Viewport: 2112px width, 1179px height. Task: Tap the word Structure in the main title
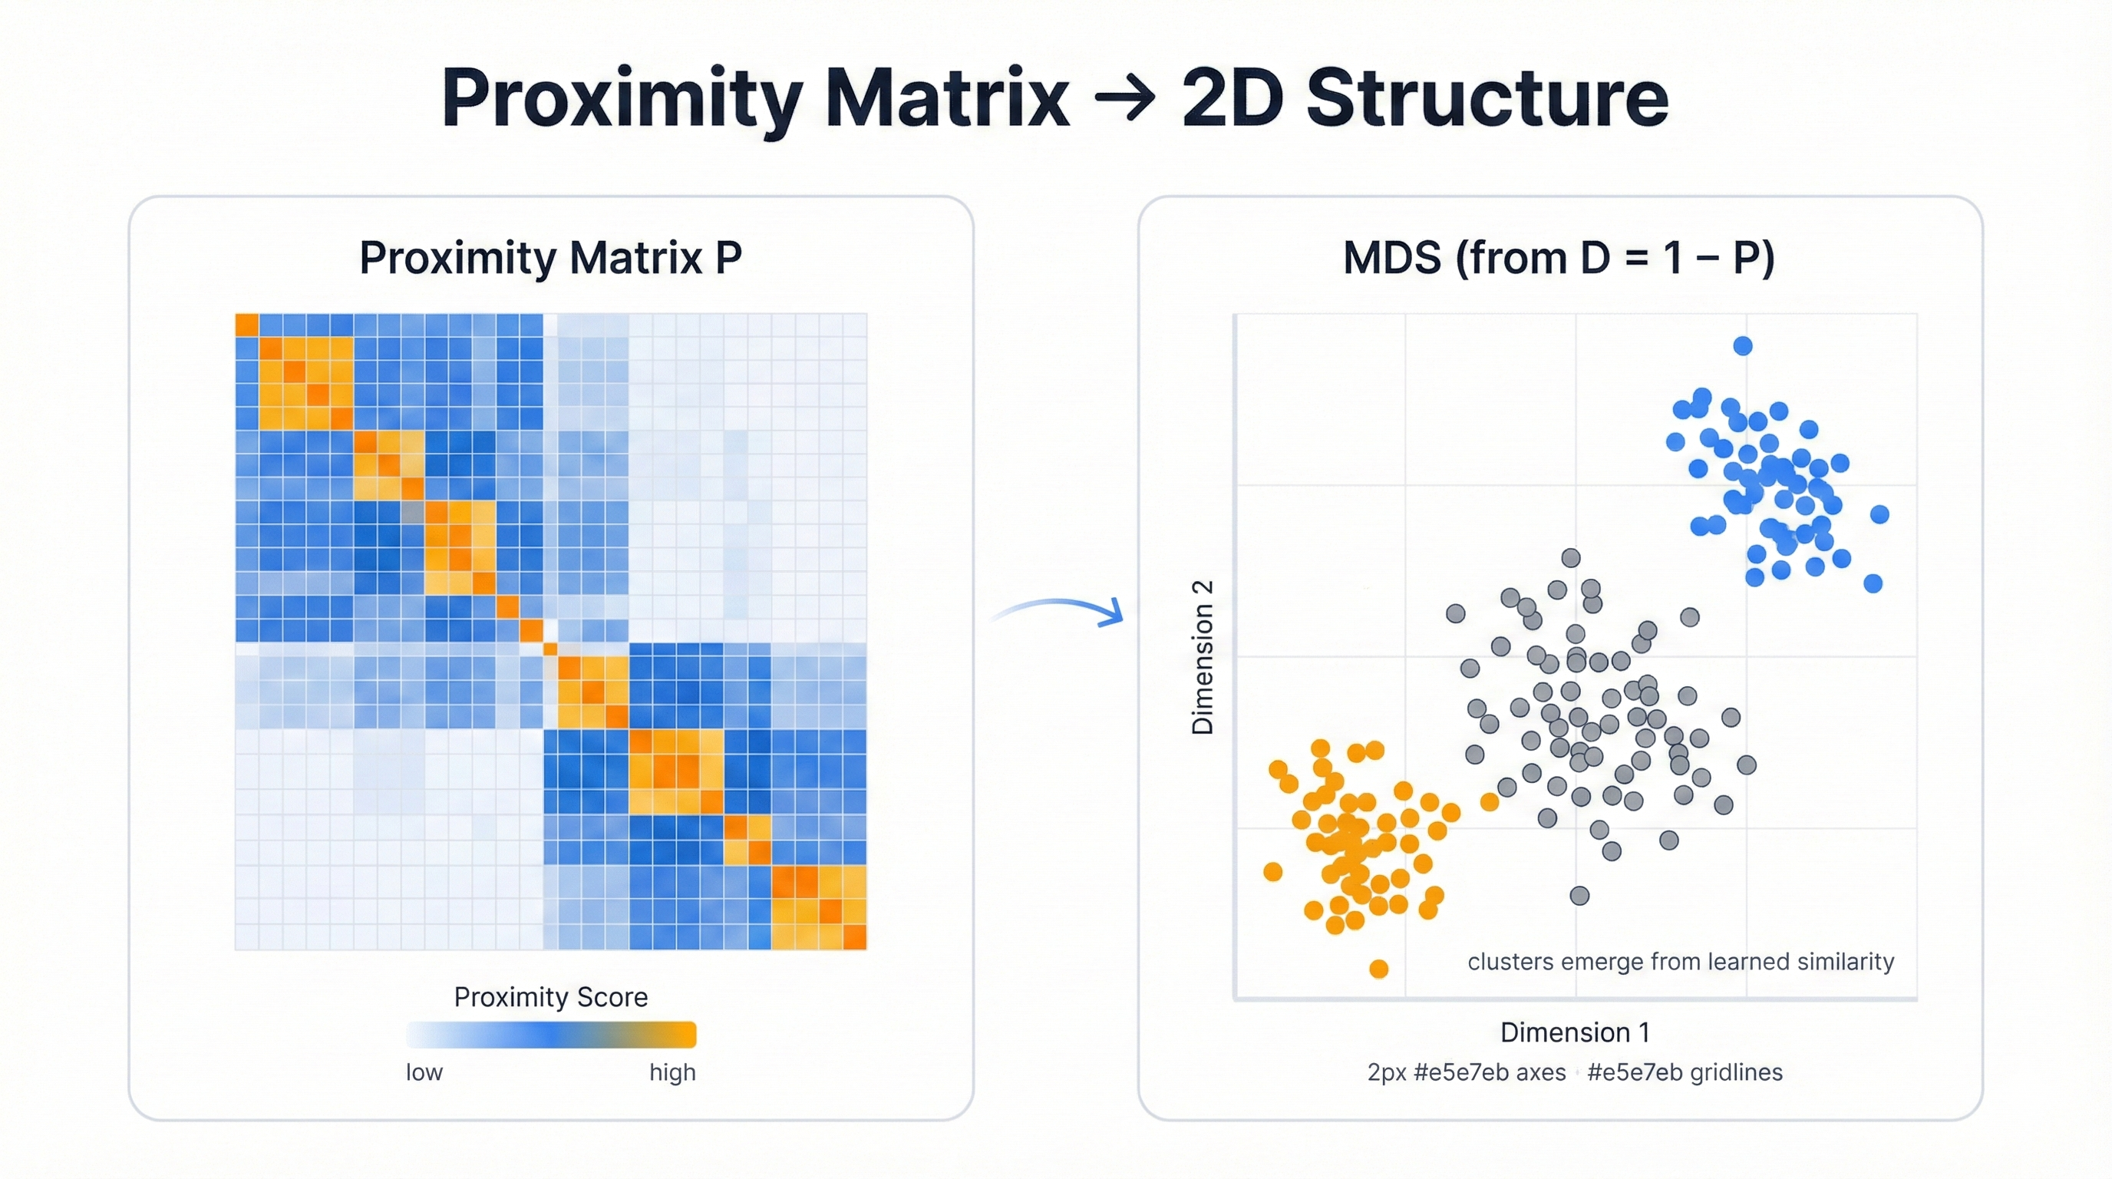tap(1487, 98)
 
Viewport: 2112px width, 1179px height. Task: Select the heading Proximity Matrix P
tap(550, 257)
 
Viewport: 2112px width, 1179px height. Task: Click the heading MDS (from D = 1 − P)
tap(1559, 257)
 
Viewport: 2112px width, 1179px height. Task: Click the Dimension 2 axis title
tap(1202, 657)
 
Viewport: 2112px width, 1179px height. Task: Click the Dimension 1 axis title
tap(1574, 1032)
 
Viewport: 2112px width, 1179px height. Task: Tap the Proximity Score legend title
tap(550, 997)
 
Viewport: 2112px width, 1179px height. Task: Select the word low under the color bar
tap(424, 1072)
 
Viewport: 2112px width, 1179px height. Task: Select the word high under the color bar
tap(672, 1072)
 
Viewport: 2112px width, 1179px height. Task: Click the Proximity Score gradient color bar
tap(551, 1035)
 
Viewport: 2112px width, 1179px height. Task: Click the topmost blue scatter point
tap(1743, 346)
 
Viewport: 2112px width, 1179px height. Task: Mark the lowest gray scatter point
tap(1579, 895)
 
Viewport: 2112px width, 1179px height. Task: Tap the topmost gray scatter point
tap(1571, 558)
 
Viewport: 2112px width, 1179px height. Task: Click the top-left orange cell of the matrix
tap(247, 325)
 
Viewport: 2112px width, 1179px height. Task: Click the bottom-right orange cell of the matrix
tap(854, 937)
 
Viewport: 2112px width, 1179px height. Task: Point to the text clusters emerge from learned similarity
tap(1680, 962)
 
